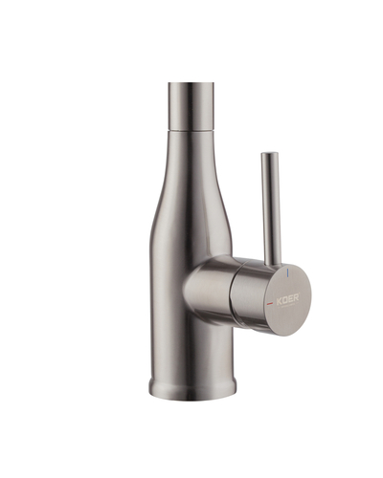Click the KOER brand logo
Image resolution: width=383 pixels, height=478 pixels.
coord(288,300)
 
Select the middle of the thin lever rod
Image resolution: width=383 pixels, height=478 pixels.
coord(267,206)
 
